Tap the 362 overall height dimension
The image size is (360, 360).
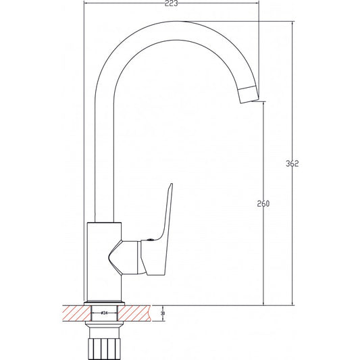(292, 164)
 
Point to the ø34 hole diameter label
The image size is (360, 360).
(104, 313)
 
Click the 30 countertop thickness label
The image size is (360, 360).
(163, 313)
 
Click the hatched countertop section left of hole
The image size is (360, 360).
(74, 313)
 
